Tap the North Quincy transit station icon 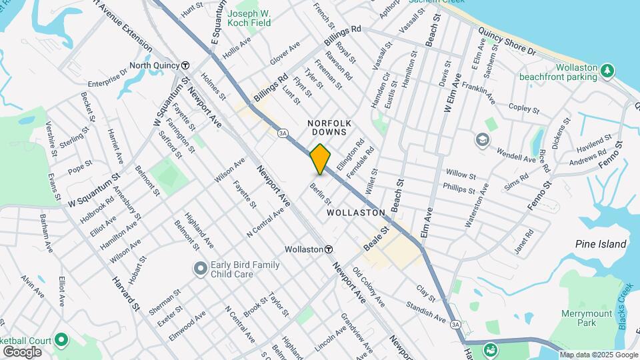[x=185, y=65]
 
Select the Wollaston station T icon [x=329, y=249]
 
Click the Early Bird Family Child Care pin [x=199, y=269]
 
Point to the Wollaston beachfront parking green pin [x=607, y=70]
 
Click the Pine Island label [x=601, y=244]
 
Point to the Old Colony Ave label [x=369, y=287]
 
